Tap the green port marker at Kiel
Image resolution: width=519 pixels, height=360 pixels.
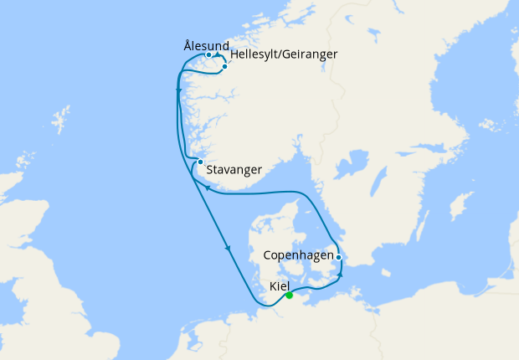coord(289,295)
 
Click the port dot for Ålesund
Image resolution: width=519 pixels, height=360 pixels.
coord(208,55)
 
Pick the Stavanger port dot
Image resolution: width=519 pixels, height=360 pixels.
coord(200,162)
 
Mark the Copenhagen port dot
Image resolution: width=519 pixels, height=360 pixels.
coord(338,257)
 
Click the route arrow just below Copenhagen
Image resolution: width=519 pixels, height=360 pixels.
coord(341,274)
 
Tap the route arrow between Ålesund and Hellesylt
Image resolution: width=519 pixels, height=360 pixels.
coord(218,55)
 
